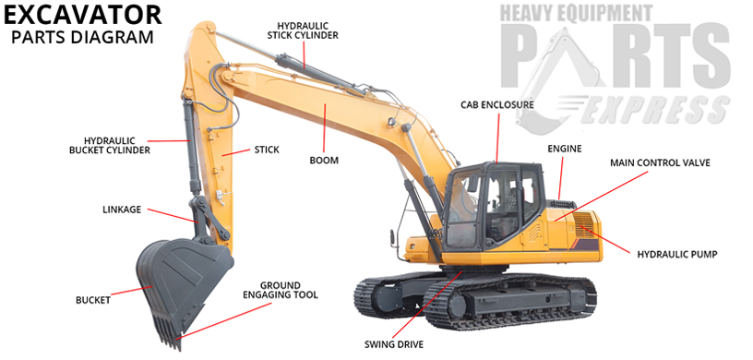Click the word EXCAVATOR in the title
82,15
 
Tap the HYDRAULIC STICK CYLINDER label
303,30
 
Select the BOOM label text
324,161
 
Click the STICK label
266,149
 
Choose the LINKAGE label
122,210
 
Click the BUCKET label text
93,300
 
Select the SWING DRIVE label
394,344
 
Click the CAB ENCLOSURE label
497,105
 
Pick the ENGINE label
564,148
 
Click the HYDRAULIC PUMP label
677,253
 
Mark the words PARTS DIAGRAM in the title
81,39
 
